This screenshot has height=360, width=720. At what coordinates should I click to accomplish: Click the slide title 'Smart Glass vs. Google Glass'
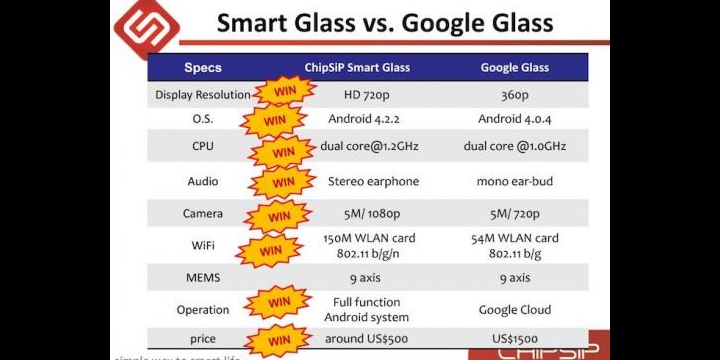[399, 22]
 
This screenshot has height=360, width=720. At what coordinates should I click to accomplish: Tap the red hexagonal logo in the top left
[146, 26]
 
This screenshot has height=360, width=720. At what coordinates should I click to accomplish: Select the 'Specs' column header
[203, 68]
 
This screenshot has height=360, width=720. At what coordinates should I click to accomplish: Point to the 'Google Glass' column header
[515, 68]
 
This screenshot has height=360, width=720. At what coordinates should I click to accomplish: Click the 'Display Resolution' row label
[203, 96]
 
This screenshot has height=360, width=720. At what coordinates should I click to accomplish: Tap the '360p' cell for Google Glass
[515, 96]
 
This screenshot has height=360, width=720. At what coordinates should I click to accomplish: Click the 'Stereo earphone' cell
[373, 182]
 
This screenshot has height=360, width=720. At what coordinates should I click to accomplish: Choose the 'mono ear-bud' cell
[515, 182]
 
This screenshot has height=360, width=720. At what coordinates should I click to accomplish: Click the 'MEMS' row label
[203, 277]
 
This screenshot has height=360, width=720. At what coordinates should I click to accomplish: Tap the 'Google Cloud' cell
[515, 310]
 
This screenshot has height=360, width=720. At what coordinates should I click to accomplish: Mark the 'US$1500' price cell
[515, 339]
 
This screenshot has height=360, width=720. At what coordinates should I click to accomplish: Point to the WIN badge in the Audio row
[283, 183]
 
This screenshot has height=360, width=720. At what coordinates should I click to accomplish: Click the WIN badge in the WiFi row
[271, 250]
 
